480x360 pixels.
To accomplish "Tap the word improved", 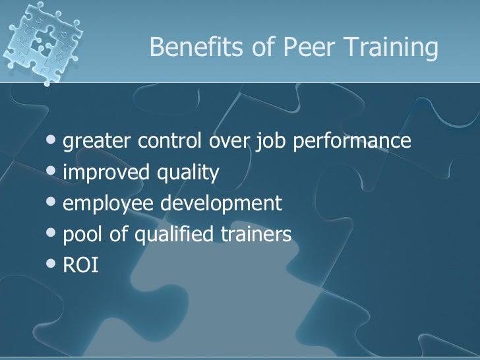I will coord(105,173).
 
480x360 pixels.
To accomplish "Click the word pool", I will coord(82,235).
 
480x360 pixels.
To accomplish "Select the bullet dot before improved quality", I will coord(53,173).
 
